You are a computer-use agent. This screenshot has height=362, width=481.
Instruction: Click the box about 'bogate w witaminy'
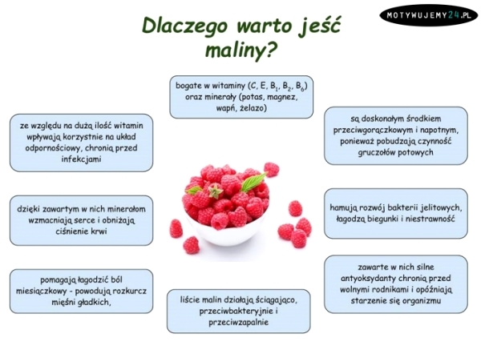(x=241, y=95)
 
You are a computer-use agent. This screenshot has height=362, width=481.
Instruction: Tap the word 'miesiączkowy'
(x=59, y=292)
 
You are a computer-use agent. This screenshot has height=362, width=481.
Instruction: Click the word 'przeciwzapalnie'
(x=241, y=322)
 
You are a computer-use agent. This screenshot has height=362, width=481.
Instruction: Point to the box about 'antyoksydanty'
(x=399, y=284)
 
